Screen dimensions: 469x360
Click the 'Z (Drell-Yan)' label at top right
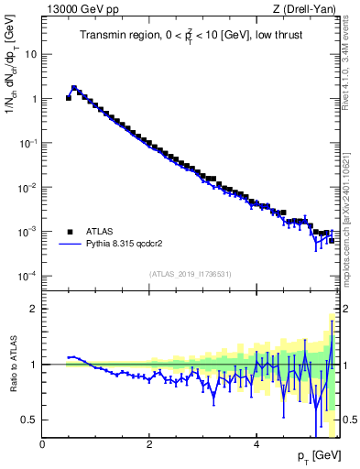[x=304, y=10]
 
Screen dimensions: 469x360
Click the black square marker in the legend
[x=70, y=232]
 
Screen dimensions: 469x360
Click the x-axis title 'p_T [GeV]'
[x=315, y=455]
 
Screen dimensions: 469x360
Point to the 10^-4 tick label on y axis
[x=27, y=276]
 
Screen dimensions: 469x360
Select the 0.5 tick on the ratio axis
[x=28, y=420]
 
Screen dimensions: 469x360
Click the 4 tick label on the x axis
[x=256, y=444]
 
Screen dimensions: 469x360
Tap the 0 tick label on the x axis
[x=42, y=444]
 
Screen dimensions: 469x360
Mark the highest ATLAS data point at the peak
[x=74, y=89]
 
